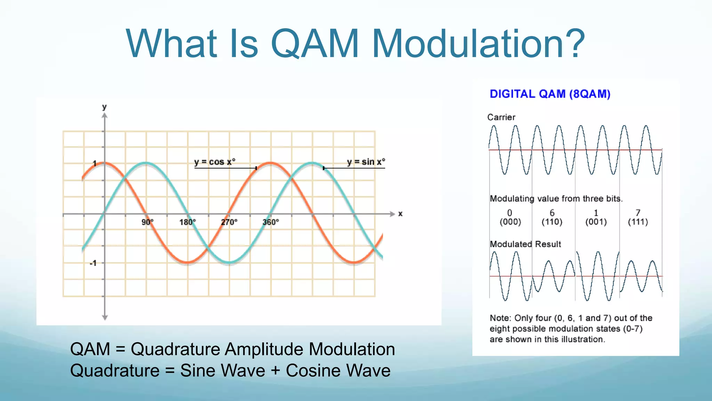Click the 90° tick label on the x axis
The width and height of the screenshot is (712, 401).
147,222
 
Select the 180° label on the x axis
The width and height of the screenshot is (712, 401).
187,222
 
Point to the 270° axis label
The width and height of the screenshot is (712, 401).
229,222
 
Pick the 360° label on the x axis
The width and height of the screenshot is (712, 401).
270,222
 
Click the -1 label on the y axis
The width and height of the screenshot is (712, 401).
93,263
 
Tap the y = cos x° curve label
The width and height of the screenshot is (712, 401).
215,162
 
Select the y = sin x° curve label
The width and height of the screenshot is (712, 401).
366,162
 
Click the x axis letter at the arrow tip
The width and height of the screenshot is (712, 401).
400,214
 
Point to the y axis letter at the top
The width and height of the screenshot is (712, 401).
104,107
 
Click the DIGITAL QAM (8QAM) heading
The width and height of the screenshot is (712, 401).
550,94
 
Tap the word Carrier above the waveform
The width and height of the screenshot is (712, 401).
501,117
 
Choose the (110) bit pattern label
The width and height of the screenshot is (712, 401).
552,222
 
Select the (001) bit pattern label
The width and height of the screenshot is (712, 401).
596,222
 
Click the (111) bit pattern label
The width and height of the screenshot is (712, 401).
638,222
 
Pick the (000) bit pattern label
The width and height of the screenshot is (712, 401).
510,222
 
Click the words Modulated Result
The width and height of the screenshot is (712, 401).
525,244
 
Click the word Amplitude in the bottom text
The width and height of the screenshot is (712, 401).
264,349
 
